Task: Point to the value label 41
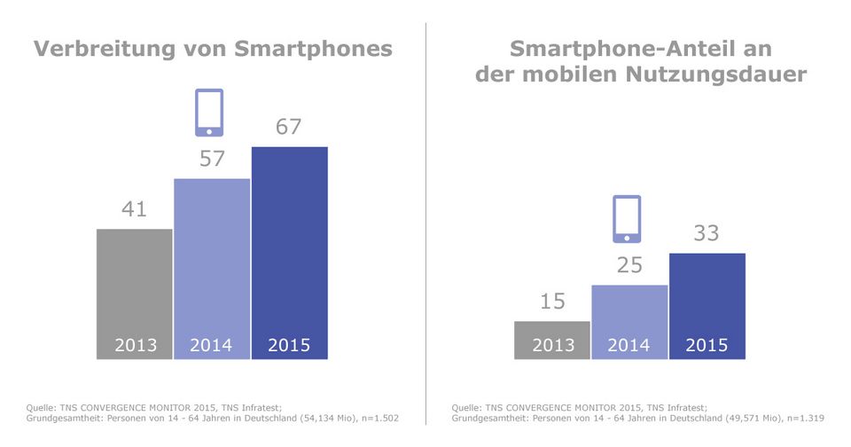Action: click(135, 210)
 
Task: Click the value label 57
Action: click(211, 160)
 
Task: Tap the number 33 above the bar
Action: click(707, 234)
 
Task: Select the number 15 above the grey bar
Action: click(552, 302)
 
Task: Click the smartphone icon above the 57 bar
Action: click(209, 113)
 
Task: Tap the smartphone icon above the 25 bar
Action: click(627, 218)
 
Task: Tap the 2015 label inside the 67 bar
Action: click(290, 345)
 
